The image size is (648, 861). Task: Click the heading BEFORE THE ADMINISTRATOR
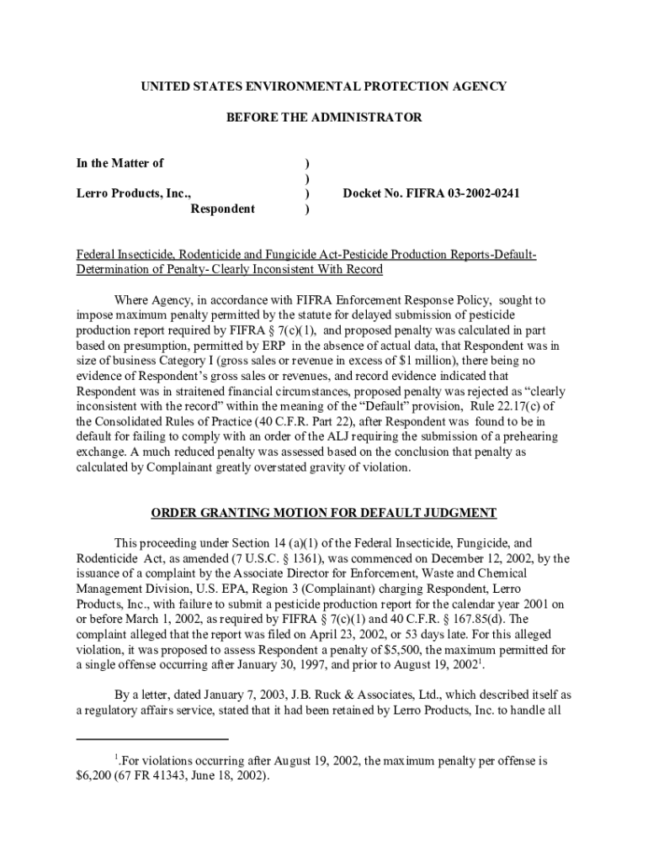pyautogui.click(x=324, y=118)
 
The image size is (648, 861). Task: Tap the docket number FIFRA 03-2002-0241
pyautogui.click(x=431, y=193)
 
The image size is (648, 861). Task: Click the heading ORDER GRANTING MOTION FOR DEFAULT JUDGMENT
pyautogui.click(x=324, y=513)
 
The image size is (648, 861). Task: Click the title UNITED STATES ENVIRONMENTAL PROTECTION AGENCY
pyautogui.click(x=324, y=87)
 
